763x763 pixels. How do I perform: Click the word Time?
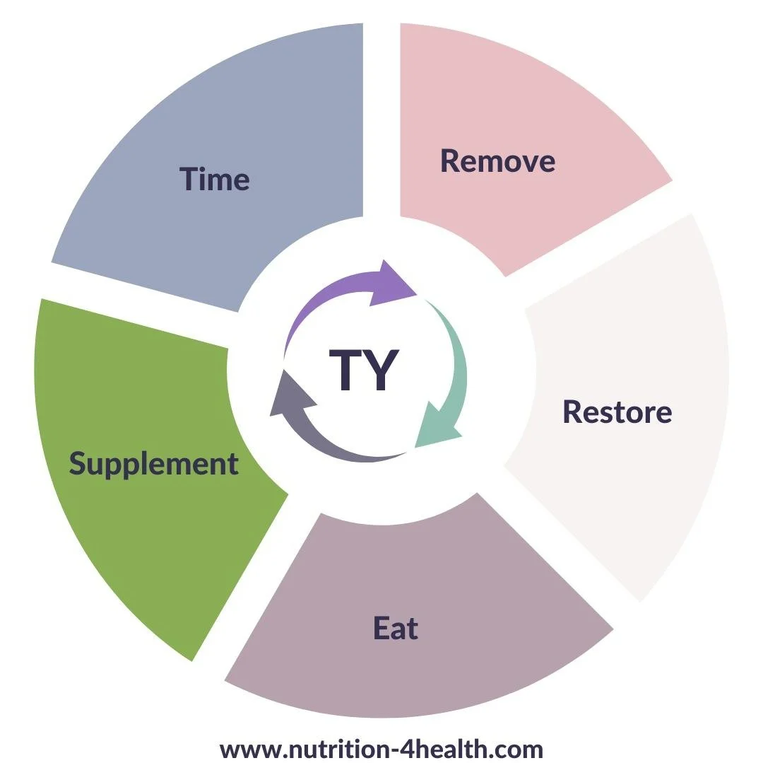click(x=215, y=179)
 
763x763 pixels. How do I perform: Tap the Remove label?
click(x=497, y=161)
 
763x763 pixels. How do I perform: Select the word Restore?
click(x=617, y=412)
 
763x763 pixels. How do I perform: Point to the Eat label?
click(x=396, y=628)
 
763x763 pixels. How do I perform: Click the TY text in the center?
click(x=365, y=370)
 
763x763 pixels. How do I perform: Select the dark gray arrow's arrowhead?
click(x=288, y=392)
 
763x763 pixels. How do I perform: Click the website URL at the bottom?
click(x=381, y=749)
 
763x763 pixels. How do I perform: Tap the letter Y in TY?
click(x=382, y=370)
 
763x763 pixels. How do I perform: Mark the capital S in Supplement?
click(x=78, y=464)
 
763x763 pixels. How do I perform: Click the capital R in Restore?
click(x=572, y=412)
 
